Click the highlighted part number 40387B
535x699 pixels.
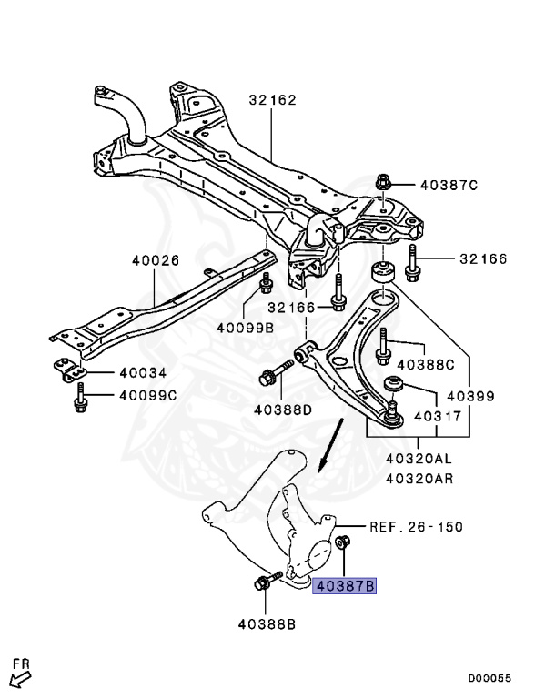coord(345,585)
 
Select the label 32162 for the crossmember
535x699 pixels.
coord(272,99)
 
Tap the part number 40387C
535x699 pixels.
coord(449,185)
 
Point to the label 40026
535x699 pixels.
coord(156,260)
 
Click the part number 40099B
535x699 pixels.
coord(245,328)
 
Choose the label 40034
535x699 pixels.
coord(143,372)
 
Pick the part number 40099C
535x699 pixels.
coord(148,395)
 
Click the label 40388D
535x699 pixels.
coord(283,410)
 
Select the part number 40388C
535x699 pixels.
coord(426,365)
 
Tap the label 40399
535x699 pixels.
coord(470,395)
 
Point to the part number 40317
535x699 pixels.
coord(438,416)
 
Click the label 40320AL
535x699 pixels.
coord(419,458)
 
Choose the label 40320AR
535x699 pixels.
coord(419,479)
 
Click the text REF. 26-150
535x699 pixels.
coord(417,527)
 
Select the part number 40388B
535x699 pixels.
coord(267,624)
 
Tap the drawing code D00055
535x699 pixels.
coord(490,678)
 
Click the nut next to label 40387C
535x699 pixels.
coord(381,182)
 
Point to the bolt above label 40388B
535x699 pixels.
coord(267,581)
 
